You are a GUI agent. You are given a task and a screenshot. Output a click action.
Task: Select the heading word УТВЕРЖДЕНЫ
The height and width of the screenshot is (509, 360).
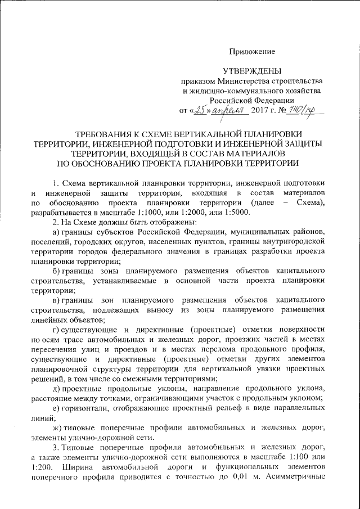click(251, 71)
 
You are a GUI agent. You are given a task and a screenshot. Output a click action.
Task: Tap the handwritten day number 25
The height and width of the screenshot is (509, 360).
click(200, 110)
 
